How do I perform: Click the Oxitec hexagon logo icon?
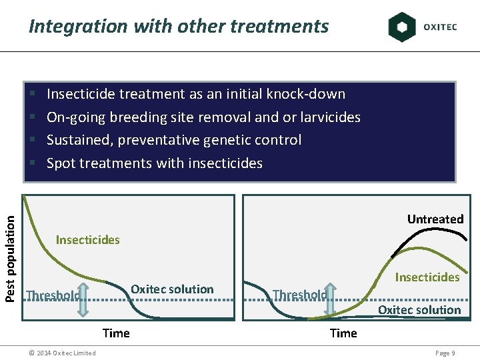click(x=402, y=27)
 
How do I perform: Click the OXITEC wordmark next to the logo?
click(x=440, y=27)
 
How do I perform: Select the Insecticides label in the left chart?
click(x=88, y=240)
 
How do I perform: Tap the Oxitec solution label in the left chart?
click(x=172, y=289)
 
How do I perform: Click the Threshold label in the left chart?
click(x=53, y=295)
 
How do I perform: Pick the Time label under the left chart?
click(x=116, y=333)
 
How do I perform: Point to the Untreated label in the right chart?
click(x=435, y=219)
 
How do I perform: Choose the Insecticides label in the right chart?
click(x=427, y=277)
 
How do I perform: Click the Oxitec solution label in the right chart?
click(x=419, y=310)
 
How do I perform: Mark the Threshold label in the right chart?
click(x=300, y=295)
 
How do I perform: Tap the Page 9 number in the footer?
click(x=445, y=353)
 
